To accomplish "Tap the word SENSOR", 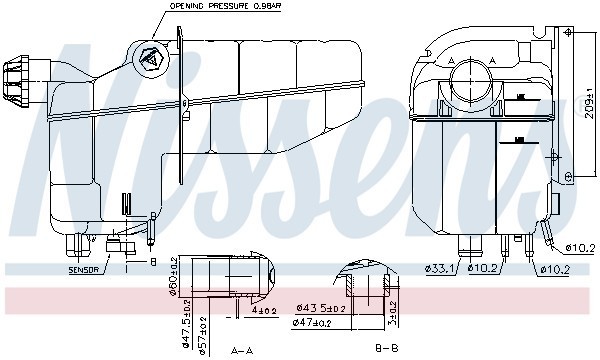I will coord(83,269).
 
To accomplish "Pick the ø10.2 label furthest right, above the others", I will coord(580,247).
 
